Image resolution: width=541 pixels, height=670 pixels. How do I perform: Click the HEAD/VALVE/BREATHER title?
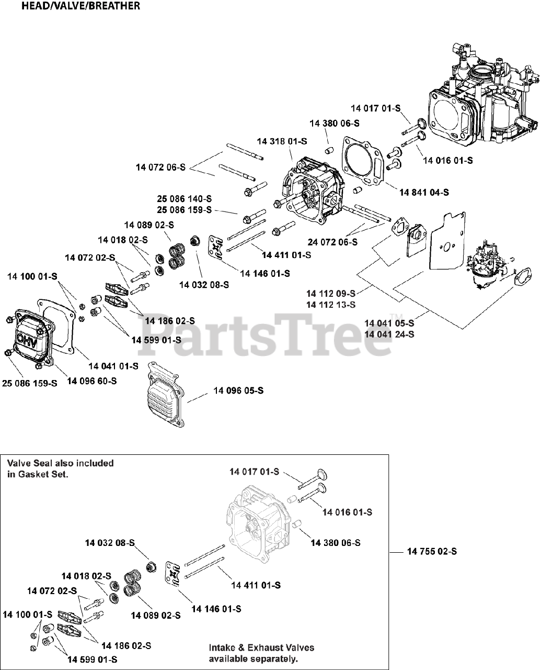(80, 6)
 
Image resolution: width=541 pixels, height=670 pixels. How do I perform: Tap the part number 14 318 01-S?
(282, 141)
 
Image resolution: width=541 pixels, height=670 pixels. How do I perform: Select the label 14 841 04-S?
(424, 192)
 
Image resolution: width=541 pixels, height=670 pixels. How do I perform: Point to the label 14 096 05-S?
(238, 390)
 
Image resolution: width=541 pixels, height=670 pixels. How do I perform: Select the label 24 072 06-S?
(332, 242)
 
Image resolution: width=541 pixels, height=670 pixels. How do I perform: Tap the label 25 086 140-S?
(185, 199)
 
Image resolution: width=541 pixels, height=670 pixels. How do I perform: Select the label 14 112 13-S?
(331, 305)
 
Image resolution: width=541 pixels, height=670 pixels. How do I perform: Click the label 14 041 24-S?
(389, 334)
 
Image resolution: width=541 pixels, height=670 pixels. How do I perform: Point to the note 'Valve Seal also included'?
(60, 463)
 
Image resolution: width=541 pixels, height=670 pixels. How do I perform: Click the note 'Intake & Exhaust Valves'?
(262, 647)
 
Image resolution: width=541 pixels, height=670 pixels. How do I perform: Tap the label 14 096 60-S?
(92, 381)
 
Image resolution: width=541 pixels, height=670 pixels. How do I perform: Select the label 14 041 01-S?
(113, 366)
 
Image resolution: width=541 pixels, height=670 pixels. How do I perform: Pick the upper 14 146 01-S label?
(265, 274)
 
